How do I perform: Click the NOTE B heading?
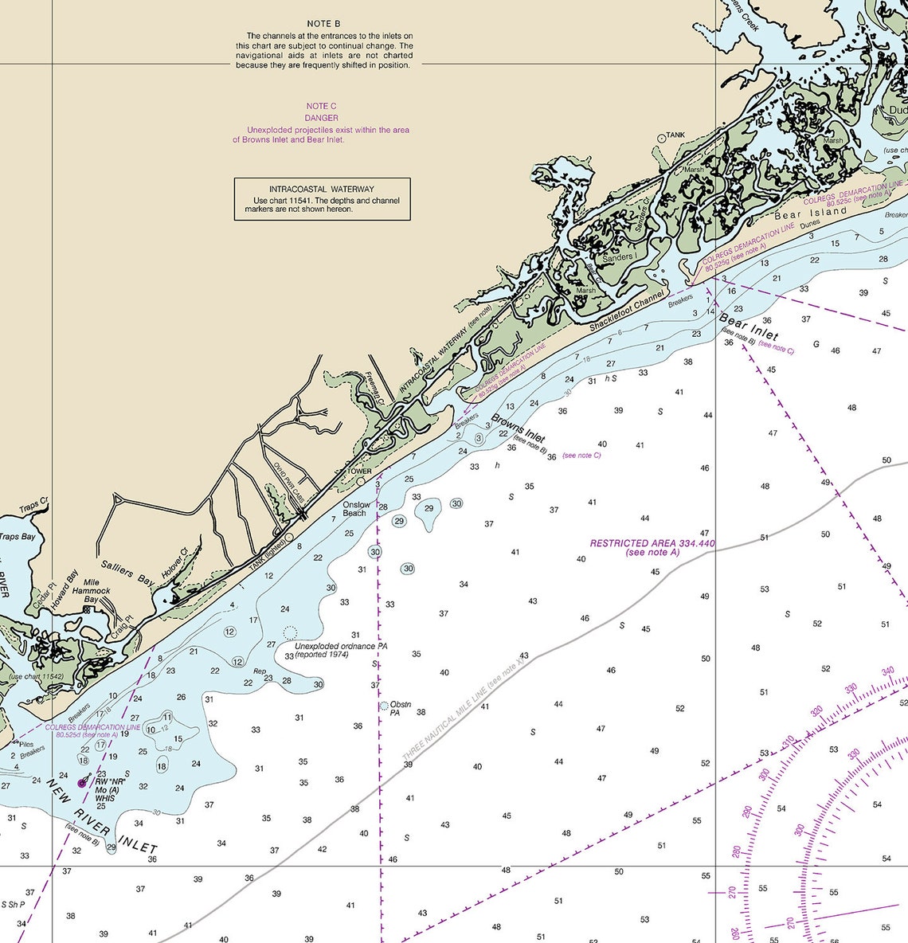[323, 25]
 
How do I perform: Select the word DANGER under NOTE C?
[321, 118]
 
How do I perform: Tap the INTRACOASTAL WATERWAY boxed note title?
[321, 190]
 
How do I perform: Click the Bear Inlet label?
[749, 327]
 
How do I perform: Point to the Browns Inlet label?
[518, 428]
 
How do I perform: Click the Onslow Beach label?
[355, 509]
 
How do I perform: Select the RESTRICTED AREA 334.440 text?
[652, 543]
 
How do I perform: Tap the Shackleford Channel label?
[628, 311]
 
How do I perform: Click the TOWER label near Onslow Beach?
[359, 471]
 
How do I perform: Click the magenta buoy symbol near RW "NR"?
[81, 783]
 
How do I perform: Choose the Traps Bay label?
[18, 537]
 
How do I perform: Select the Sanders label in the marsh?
[617, 257]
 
